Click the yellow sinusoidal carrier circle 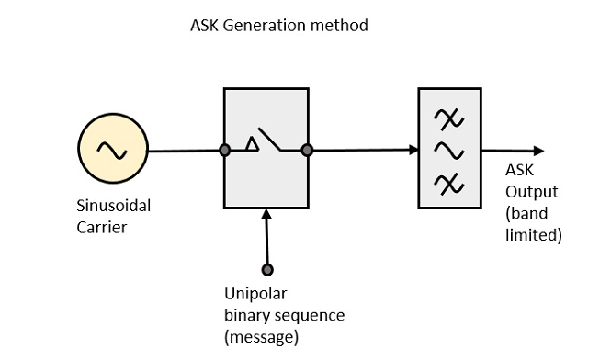coord(113,151)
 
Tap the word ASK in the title coord(203,26)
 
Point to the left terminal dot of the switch coord(224,150)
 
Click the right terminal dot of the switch coord(307,150)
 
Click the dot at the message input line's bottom coord(267,270)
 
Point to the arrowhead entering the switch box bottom coord(267,216)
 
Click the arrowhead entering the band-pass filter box coord(412,150)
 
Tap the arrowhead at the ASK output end coord(538,151)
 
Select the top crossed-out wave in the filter coord(451,118)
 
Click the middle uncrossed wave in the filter coord(451,150)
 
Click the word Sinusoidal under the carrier coord(113,206)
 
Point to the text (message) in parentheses coord(262,337)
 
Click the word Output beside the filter coord(531,193)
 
